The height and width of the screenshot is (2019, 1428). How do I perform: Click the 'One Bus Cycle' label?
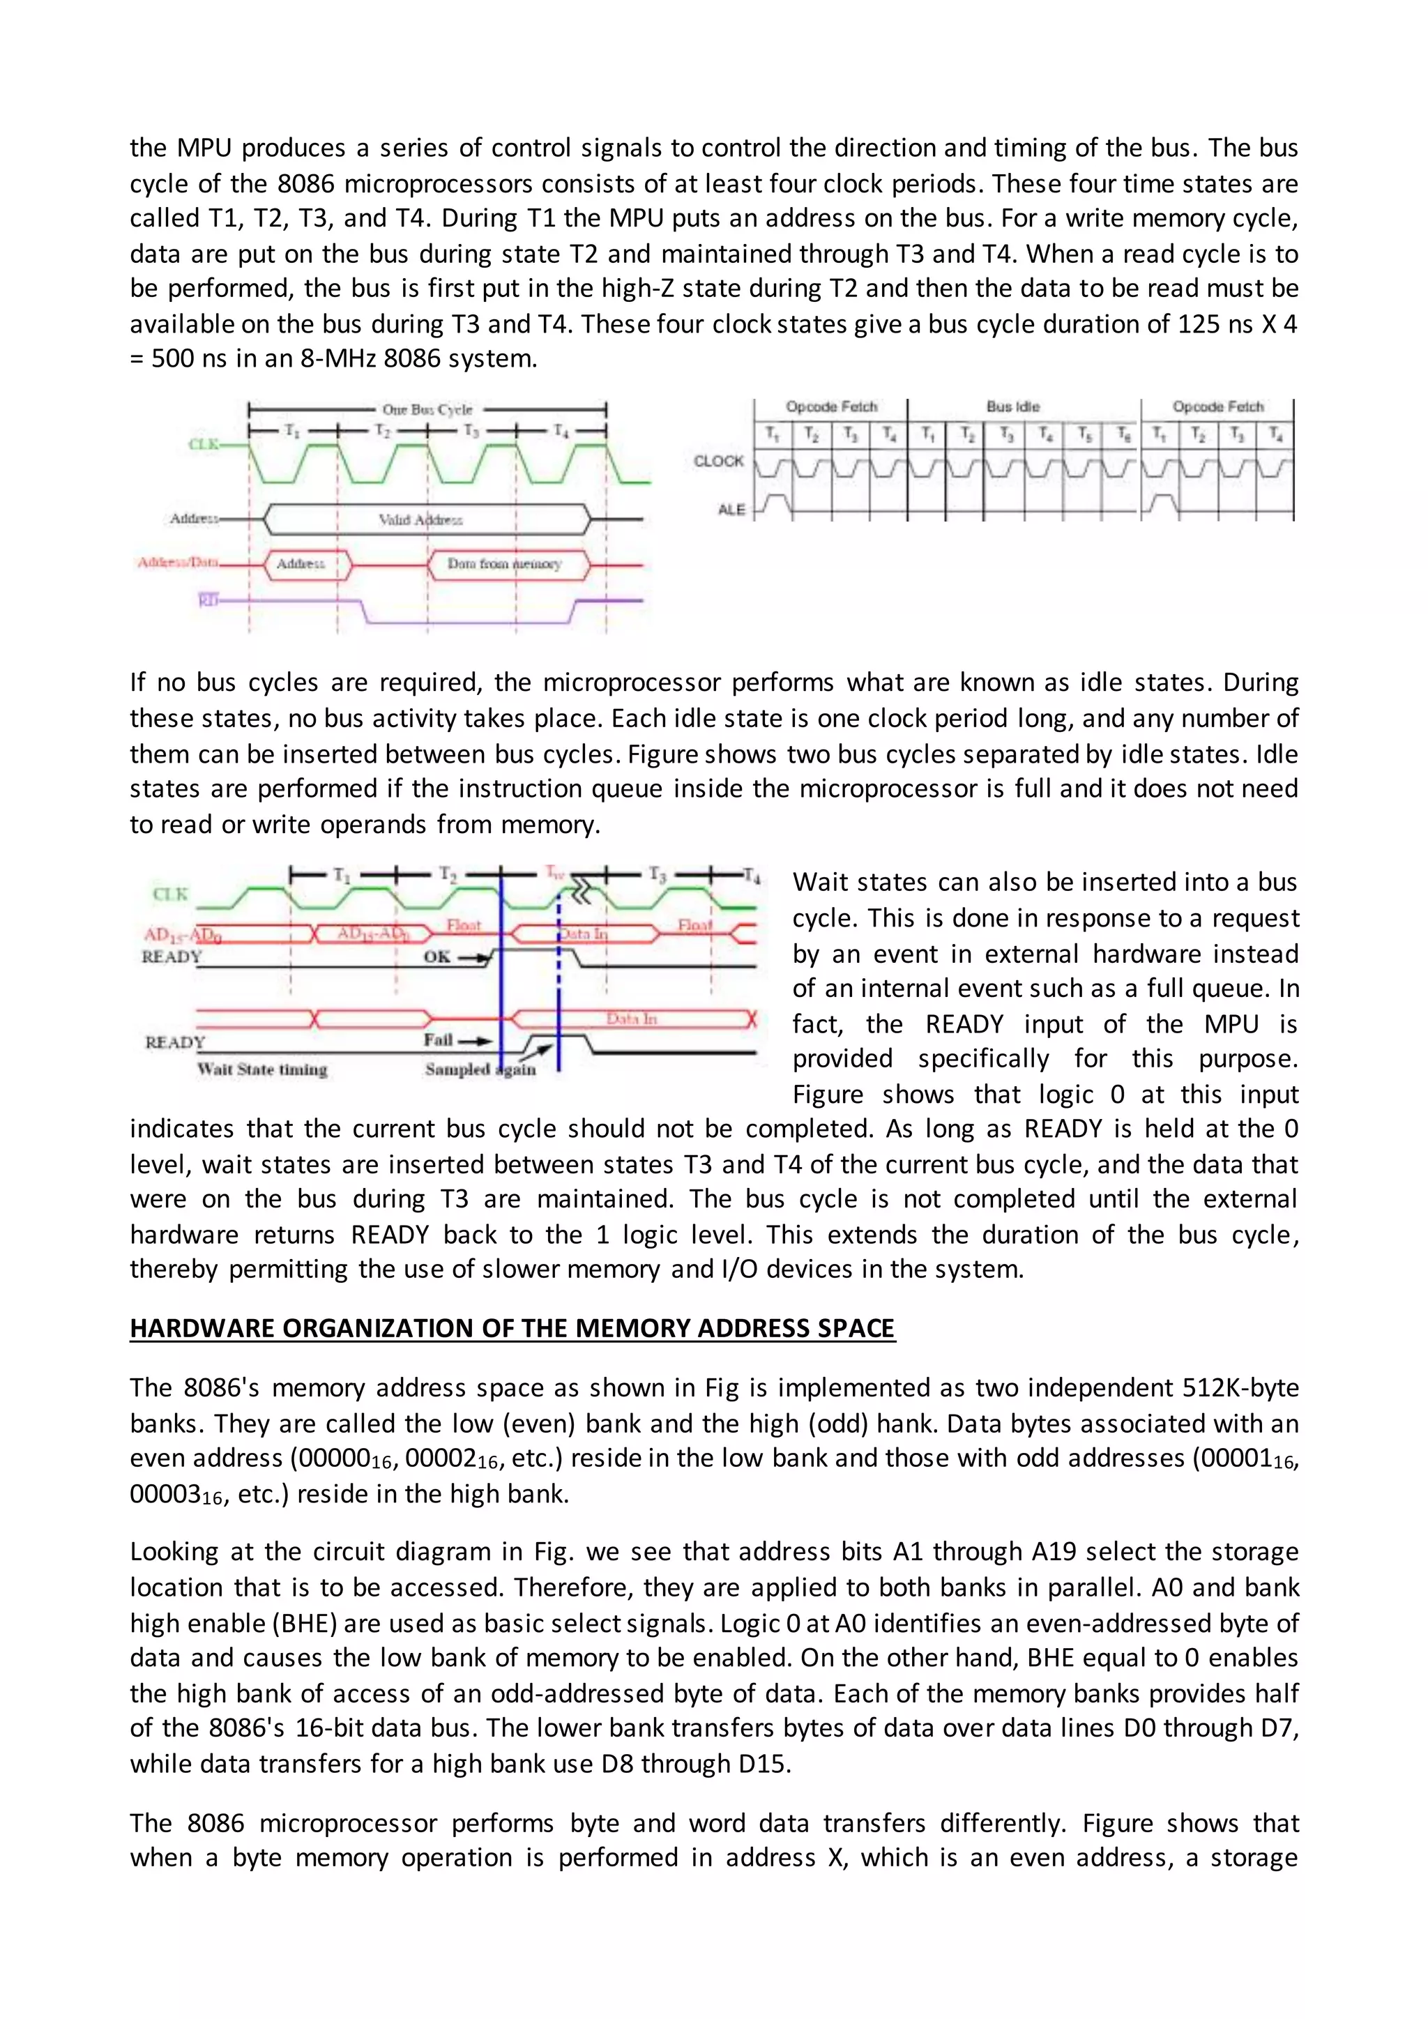(427, 410)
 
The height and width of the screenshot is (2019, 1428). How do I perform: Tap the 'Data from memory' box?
(504, 564)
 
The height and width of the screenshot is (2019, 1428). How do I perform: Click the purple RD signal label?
(208, 600)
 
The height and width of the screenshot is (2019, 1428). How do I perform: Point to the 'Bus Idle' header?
(1013, 407)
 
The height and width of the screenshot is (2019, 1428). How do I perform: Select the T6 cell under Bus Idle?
(1123, 434)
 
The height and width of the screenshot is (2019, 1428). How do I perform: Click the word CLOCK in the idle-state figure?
(718, 461)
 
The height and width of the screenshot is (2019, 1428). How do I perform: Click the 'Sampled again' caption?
(480, 1070)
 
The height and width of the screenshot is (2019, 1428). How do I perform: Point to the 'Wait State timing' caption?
(262, 1070)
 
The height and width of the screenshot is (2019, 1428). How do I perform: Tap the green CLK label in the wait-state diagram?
(171, 894)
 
